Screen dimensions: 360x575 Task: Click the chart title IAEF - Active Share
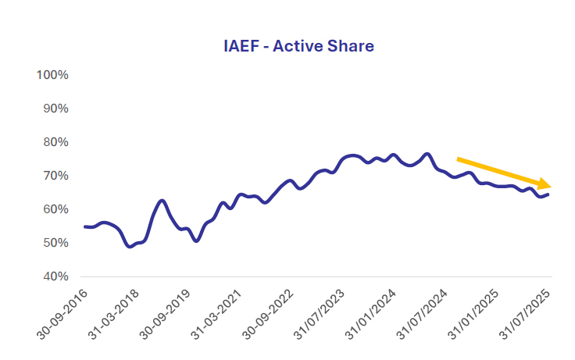coord(298,47)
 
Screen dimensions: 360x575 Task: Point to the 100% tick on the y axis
coord(53,75)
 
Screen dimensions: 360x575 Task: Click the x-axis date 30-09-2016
coord(63,313)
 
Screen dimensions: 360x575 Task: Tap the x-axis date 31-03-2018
coord(115,313)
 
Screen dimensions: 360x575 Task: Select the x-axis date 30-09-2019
coord(166,313)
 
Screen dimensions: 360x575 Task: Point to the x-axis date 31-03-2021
coord(219,313)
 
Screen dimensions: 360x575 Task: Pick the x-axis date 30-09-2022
coord(270,313)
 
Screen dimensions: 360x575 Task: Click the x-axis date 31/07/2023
coord(323,313)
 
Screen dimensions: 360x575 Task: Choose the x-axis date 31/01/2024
coord(374,313)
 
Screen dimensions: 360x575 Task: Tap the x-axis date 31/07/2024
coord(426,313)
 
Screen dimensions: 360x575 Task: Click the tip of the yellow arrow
coord(552,186)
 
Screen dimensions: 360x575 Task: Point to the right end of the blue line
coord(548,194)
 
